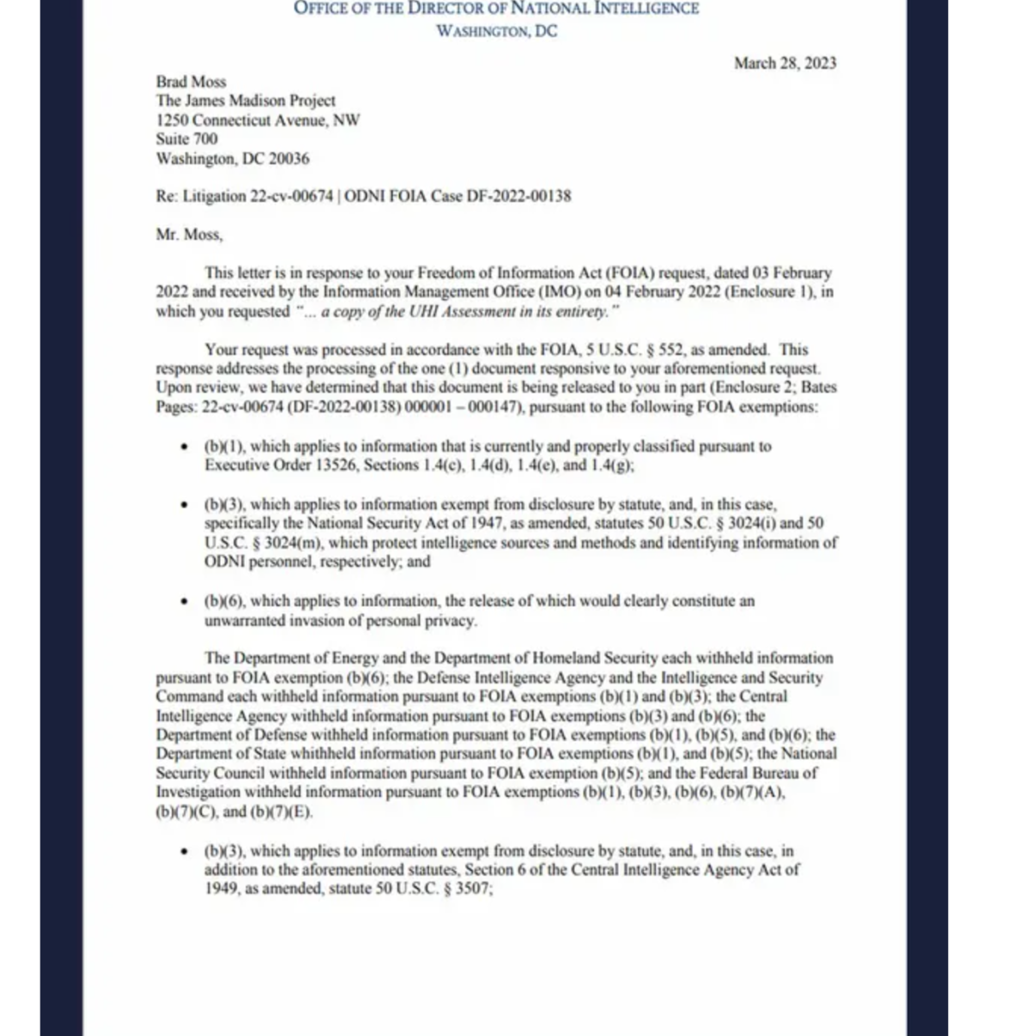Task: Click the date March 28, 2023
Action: (x=785, y=63)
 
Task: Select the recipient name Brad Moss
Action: (x=191, y=82)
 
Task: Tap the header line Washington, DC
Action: (x=496, y=31)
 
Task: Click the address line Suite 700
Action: (x=186, y=139)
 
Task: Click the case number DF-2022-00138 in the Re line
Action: (x=519, y=196)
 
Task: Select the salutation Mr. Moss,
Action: (x=189, y=234)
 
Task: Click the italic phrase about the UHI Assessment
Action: (x=458, y=312)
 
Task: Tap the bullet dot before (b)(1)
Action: (x=183, y=447)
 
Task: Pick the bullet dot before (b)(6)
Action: (x=183, y=602)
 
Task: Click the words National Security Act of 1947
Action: (x=376, y=524)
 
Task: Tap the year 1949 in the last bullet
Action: (x=221, y=888)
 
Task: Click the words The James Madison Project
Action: (x=245, y=101)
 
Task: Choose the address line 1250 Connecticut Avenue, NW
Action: (x=258, y=120)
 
